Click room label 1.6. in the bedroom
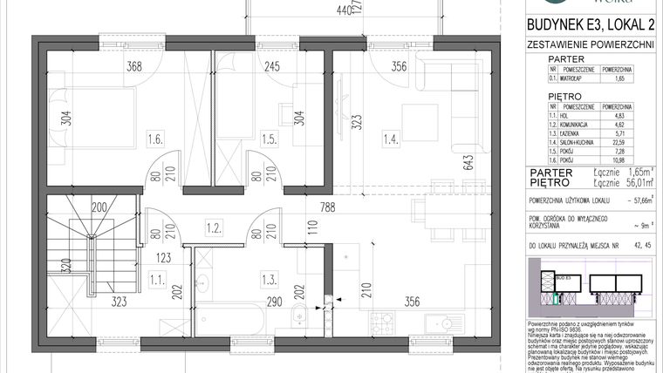[x=156, y=138]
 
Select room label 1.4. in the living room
[x=392, y=138]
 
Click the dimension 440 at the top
[x=346, y=10]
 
